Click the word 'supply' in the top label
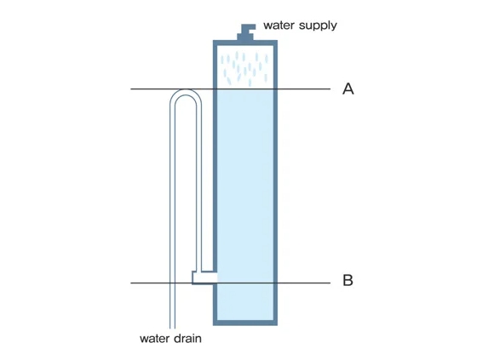point(318,26)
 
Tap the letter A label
point(348,89)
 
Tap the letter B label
point(348,280)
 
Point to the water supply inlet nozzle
point(246,32)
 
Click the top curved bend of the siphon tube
point(186,92)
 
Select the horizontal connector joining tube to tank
point(204,277)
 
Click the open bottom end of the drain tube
point(172,327)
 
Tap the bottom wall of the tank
point(245,323)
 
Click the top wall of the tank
point(245,43)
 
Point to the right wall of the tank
point(275,182)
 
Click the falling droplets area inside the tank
point(245,67)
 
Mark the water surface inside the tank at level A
point(245,89)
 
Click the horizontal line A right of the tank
point(304,89)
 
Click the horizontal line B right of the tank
point(304,283)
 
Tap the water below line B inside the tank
point(245,301)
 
